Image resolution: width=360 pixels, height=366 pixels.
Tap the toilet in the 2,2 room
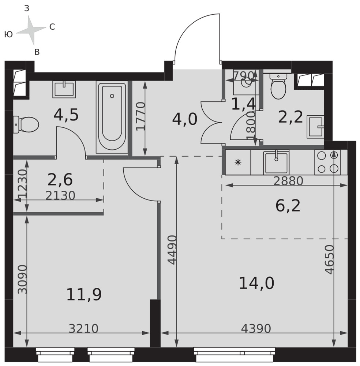pos(278,86)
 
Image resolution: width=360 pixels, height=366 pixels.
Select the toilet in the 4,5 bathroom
pos(26,125)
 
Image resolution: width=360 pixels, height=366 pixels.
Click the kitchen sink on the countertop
pos(276,163)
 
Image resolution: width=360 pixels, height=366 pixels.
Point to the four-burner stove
pos(327,162)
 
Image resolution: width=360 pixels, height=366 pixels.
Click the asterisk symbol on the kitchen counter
pos(238,162)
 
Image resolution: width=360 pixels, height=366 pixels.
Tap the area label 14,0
pos(256,283)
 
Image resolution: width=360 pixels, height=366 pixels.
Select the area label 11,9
pos(84,294)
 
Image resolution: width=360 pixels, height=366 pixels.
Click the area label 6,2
pos(288,206)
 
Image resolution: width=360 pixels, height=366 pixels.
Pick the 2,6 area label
pos(60,179)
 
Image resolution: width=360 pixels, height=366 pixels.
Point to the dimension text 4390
pos(256,329)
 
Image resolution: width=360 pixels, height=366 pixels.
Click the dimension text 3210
pos(83,329)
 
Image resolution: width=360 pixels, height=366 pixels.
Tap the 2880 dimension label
pos(288,181)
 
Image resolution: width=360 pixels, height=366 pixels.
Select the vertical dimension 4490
pos(173,250)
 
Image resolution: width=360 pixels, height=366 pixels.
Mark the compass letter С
pos(52,27)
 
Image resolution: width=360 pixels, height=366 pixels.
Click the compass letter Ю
pos(8,34)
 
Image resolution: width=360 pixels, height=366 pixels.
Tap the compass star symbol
pos(31,30)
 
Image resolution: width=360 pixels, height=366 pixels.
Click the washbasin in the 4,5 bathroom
pos(64,89)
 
